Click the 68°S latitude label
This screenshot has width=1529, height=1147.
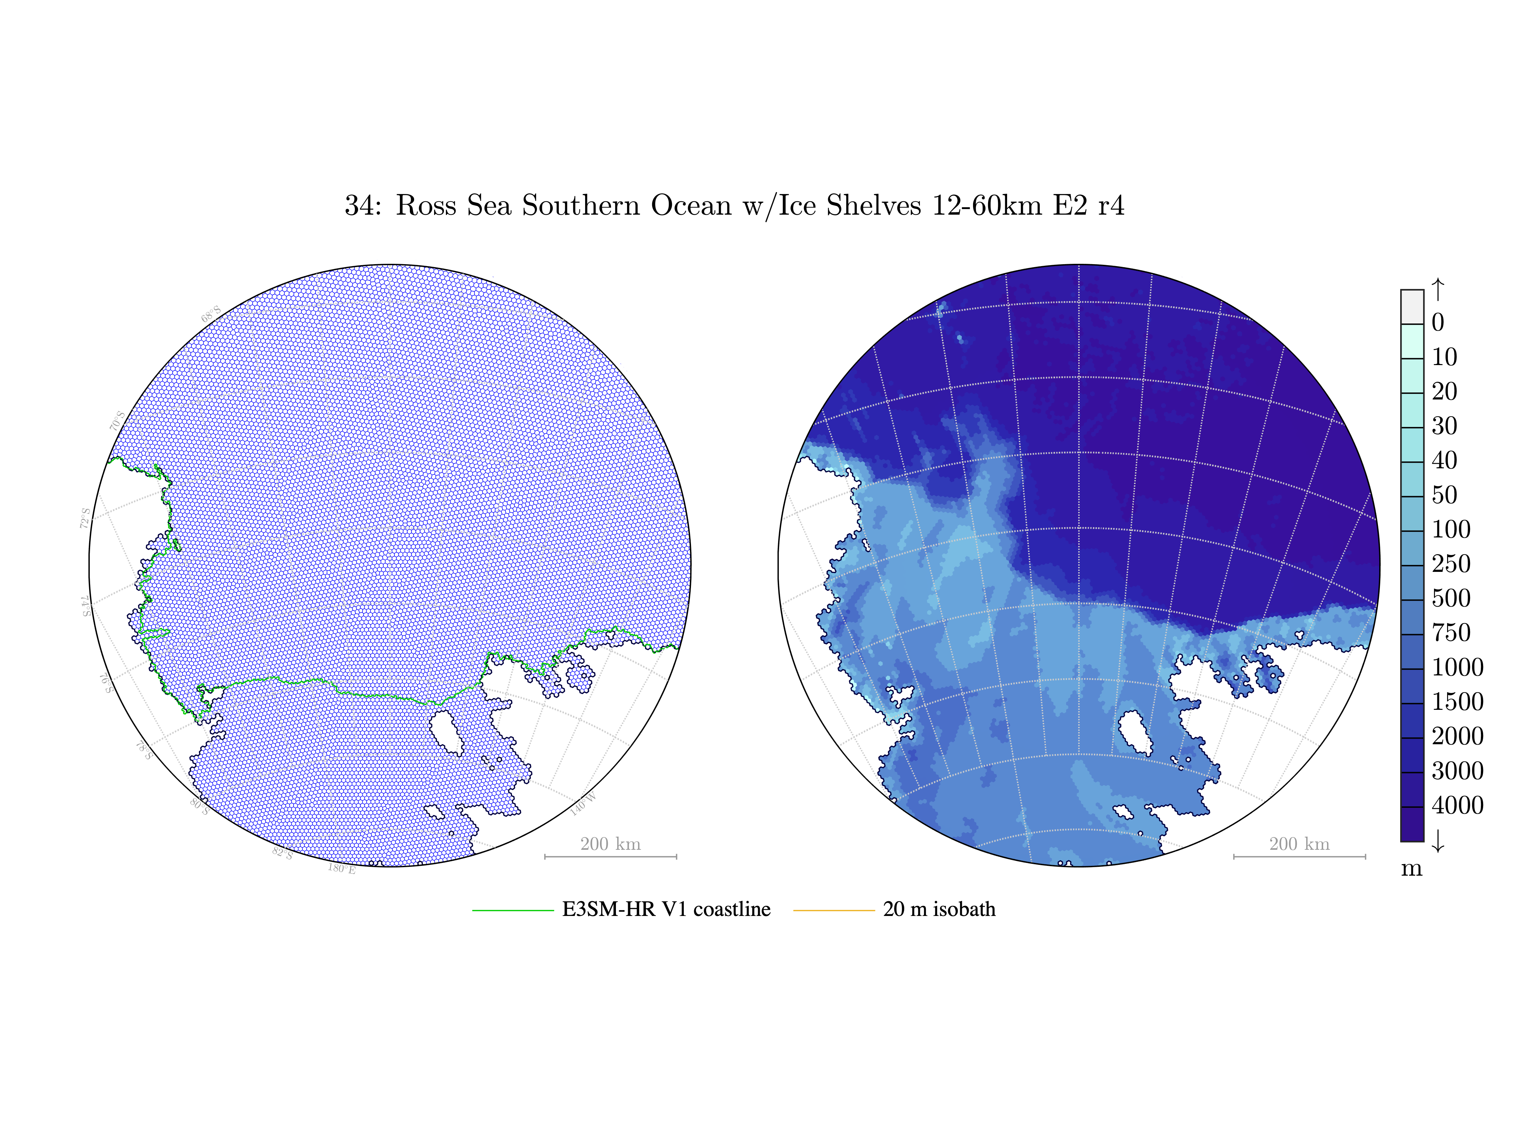[x=211, y=314]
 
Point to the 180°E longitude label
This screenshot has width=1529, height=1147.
[x=341, y=868]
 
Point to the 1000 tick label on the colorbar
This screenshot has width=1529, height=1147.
[x=1457, y=667]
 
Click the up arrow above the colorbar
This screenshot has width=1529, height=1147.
[x=1438, y=289]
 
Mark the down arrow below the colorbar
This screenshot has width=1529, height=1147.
[x=1438, y=841]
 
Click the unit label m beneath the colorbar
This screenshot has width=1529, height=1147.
[x=1411, y=869]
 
